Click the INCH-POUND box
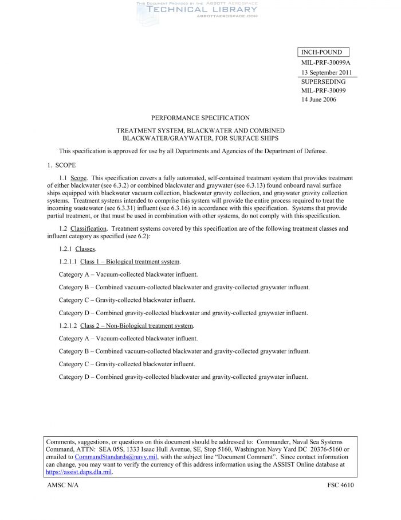(x=323, y=53)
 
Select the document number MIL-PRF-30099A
(x=325, y=63)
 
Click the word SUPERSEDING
(x=323, y=82)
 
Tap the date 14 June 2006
(x=319, y=99)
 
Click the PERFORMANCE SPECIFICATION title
(x=200, y=118)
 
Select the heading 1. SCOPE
(x=57, y=165)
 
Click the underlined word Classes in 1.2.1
(x=85, y=249)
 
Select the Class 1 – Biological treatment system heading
(x=130, y=262)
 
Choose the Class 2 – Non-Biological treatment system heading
(x=137, y=325)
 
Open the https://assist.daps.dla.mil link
(x=78, y=472)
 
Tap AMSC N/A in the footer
(x=62, y=486)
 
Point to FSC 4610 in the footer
(x=340, y=486)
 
